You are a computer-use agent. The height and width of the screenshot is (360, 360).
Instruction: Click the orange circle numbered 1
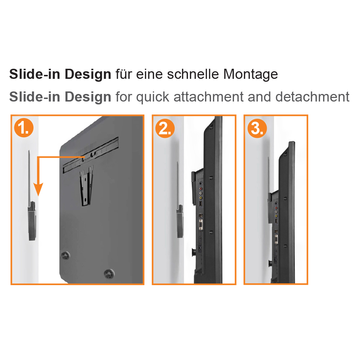(x=24, y=128)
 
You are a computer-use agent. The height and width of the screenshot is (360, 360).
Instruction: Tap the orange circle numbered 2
(x=165, y=128)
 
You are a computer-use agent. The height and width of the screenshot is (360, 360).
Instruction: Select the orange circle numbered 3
(x=257, y=128)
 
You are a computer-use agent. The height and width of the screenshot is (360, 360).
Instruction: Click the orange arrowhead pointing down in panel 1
(x=39, y=189)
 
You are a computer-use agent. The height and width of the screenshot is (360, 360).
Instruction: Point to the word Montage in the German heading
(x=251, y=75)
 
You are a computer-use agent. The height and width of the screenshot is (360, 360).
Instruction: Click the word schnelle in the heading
(x=193, y=74)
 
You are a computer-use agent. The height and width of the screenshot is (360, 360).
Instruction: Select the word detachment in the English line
(x=312, y=96)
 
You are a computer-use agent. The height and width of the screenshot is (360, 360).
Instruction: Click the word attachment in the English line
(x=208, y=96)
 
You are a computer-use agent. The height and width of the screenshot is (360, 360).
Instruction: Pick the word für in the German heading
(x=124, y=74)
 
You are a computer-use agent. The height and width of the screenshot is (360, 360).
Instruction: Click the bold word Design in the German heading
(x=88, y=75)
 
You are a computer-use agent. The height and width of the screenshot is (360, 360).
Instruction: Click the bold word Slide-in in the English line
(x=35, y=96)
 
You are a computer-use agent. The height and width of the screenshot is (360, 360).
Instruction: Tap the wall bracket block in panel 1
(x=32, y=221)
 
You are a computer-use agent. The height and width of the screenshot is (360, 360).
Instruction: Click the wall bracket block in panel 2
(x=180, y=221)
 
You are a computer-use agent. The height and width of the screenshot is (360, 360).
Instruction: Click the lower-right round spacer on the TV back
(x=109, y=274)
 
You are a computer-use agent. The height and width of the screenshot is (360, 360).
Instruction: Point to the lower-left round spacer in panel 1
(x=66, y=255)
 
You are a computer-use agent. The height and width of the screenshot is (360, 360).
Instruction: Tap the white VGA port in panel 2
(x=201, y=225)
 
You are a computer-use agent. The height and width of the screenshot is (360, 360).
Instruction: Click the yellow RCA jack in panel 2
(x=201, y=198)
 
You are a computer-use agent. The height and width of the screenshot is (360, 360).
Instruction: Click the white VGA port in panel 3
(x=276, y=239)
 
